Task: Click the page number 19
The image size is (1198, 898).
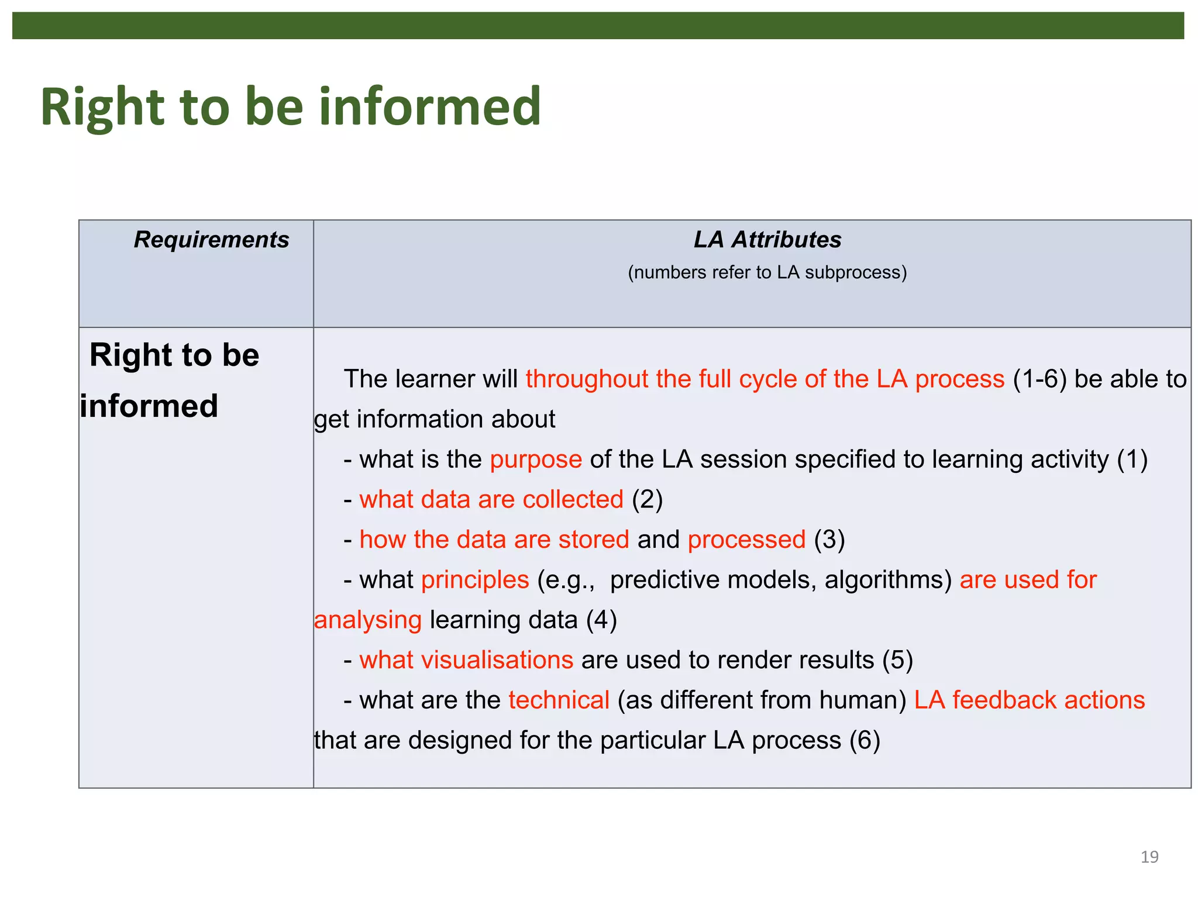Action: (x=1149, y=857)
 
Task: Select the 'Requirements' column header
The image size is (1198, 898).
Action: (x=211, y=240)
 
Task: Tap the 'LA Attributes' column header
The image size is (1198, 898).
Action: (x=767, y=240)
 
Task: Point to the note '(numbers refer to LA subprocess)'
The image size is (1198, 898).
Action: (x=767, y=272)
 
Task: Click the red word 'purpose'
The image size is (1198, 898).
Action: (x=536, y=460)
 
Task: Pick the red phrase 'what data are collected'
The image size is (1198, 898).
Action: (x=491, y=500)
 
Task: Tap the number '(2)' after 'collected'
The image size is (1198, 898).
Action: (x=647, y=500)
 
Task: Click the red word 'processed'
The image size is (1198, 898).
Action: (x=746, y=540)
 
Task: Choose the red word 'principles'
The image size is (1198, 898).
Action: (x=475, y=580)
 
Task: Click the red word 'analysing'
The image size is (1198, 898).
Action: (x=367, y=620)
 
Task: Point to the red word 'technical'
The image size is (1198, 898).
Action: (x=559, y=700)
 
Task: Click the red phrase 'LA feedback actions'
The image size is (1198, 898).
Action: (x=1029, y=700)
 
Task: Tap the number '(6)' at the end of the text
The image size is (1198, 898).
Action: (x=865, y=740)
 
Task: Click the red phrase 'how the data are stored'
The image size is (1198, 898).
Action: (x=494, y=540)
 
